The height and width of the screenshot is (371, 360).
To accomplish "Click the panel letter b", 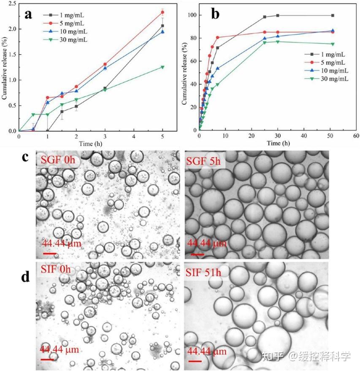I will pyautogui.click(x=215, y=14).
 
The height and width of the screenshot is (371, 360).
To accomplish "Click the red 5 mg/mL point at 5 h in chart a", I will pyautogui.click(x=162, y=12).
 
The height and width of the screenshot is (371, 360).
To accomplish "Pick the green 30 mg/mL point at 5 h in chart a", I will pyautogui.click(x=162, y=67).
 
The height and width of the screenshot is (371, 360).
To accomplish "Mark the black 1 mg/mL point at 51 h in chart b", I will pyautogui.click(x=333, y=16).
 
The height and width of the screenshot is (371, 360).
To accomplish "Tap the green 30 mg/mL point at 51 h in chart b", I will pyautogui.click(x=333, y=44).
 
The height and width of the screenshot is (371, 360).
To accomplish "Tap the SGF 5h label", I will pyautogui.click(x=205, y=161).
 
